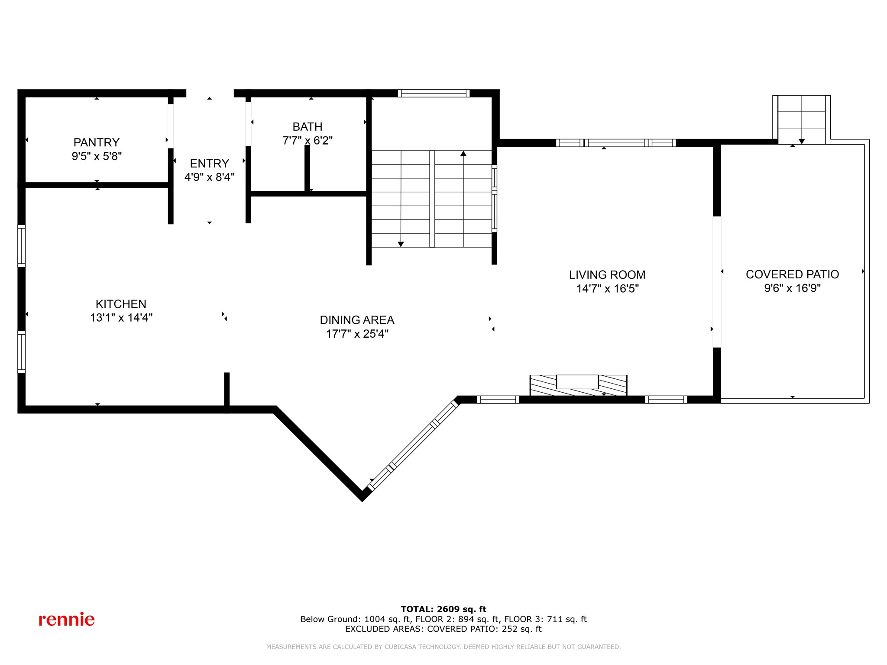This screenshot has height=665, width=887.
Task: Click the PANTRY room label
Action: [x=96, y=142]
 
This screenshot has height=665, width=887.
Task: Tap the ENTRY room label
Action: [x=209, y=164]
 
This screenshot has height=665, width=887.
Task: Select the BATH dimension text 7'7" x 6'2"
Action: [x=308, y=141]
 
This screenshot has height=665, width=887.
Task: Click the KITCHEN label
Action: [x=121, y=304]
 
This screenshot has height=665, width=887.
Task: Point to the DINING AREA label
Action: [x=357, y=320]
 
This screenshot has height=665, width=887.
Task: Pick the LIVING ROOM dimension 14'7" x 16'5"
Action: [x=607, y=289]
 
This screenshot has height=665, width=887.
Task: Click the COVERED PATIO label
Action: [x=792, y=274]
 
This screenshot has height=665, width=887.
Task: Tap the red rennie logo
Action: [x=67, y=620]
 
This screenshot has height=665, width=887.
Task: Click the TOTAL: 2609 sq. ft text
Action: [x=443, y=609]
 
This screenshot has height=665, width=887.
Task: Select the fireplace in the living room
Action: [x=578, y=385]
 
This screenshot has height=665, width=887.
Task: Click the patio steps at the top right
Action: [x=801, y=119]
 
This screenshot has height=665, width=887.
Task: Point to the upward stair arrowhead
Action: [x=463, y=153]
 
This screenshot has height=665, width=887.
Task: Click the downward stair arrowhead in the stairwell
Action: [x=401, y=244]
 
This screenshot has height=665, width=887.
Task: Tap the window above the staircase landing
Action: [x=434, y=93]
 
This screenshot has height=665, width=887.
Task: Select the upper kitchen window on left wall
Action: [x=21, y=246]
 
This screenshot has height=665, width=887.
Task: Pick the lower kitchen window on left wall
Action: [x=21, y=352]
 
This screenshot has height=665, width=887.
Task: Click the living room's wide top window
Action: [x=615, y=143]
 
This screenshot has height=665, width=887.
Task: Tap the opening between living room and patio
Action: [x=717, y=282]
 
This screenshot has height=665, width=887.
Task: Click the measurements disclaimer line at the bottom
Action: [x=443, y=647]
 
